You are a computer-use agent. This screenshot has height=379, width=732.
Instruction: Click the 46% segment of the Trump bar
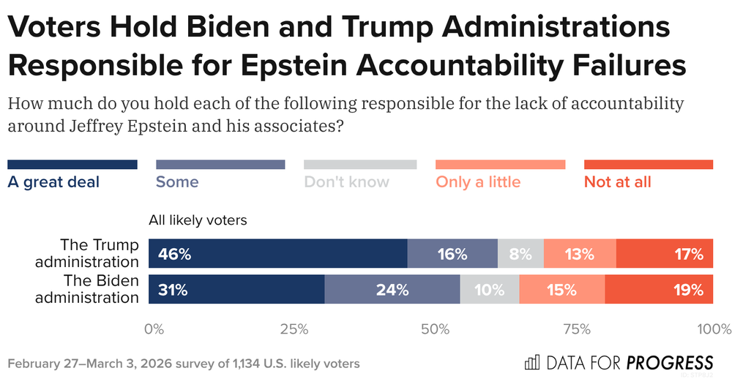(277, 253)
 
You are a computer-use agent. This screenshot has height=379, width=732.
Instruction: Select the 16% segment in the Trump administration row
(452, 253)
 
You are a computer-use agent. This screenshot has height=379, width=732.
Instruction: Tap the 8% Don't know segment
(520, 253)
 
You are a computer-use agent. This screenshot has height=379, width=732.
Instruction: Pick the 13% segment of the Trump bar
(580, 253)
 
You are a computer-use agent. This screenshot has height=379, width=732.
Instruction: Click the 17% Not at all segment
(664, 253)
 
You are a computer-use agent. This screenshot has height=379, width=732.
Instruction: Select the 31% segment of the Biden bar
(236, 289)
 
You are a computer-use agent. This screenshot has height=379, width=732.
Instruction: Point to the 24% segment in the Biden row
(392, 289)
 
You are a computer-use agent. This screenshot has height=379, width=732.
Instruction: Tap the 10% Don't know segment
(490, 289)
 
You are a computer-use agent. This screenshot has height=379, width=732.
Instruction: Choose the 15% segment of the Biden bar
(562, 289)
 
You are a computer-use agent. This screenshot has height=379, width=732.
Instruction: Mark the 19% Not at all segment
(659, 289)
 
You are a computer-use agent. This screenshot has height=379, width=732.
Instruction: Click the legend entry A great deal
(53, 181)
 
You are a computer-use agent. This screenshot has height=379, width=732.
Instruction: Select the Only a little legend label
(478, 181)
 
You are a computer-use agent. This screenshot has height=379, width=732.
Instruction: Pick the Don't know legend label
(346, 181)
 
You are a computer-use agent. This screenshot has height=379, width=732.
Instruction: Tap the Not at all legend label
(617, 181)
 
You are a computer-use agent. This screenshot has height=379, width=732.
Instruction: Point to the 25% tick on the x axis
(294, 329)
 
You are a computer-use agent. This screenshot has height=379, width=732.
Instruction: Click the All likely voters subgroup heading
(198, 219)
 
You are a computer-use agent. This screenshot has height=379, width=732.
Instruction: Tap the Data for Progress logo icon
(532, 362)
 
